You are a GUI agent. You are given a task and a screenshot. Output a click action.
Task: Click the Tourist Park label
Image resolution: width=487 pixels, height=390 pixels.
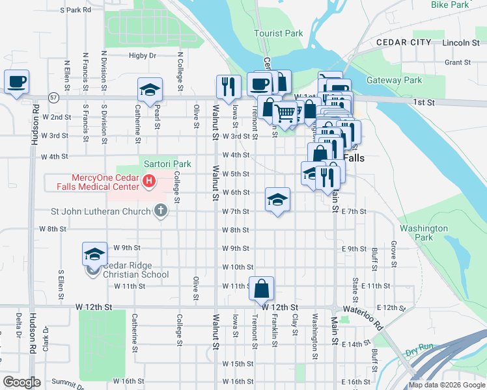pos(279,33)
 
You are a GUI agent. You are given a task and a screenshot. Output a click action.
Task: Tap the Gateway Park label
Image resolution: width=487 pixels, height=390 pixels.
pos(394,81)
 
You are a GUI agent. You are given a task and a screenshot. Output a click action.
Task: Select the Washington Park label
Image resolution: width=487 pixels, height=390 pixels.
pos(424,233)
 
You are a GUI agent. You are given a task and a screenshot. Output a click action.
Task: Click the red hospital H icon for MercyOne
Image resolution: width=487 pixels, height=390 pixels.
pos(150,181)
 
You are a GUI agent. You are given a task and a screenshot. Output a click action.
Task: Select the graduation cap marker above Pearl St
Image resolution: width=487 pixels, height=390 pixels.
pos(150,90)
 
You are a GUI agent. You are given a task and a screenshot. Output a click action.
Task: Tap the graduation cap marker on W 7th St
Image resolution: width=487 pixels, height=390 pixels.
pos(277,200)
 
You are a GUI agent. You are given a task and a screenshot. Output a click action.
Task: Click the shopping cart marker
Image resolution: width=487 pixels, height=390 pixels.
pos(285,114)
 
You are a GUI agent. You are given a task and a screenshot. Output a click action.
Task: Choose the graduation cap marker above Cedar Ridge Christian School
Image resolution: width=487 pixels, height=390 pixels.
pos(94,254)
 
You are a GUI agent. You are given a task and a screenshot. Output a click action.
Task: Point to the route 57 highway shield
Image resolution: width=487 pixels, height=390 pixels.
pos(54,97)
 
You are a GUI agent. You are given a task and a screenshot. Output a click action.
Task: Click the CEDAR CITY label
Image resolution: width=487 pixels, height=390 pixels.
pos(404,42)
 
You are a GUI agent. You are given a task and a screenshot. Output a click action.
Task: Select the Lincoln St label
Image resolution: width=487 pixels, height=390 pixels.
pos(460,42)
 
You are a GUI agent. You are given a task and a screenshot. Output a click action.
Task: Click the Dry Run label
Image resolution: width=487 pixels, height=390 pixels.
pos(419,352)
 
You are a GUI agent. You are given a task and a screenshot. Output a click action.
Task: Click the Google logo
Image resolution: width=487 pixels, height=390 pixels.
pos(21,382)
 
